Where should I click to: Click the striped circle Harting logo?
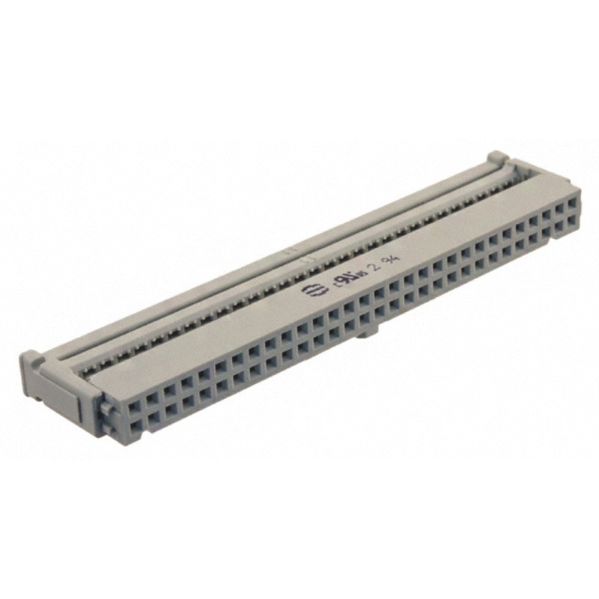[308, 291]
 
